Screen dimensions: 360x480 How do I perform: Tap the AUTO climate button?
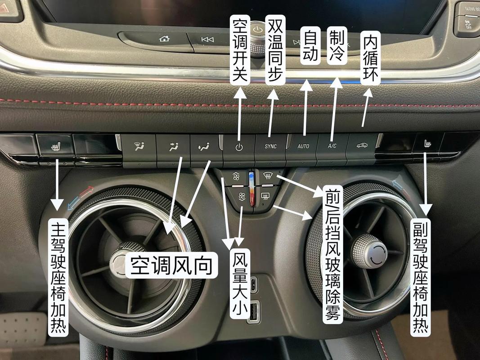tap(303, 146)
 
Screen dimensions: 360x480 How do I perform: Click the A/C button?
tap(332, 146)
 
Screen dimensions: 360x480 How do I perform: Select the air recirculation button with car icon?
tap(361, 146)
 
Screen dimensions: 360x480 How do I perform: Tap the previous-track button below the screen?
tap(207, 40)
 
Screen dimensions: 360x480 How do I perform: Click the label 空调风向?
tap(171, 265)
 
